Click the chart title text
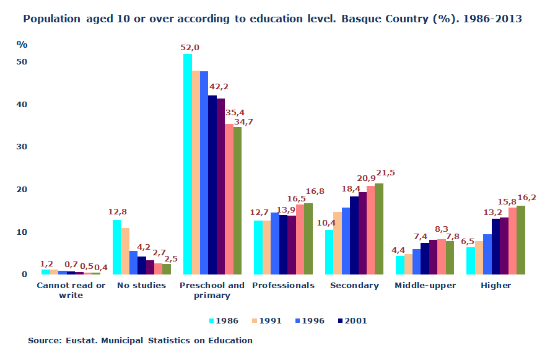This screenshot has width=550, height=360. [273, 19]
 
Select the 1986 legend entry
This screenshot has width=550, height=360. [224, 321]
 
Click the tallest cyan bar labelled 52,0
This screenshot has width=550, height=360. [187, 164]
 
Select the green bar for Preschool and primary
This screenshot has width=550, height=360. [237, 200]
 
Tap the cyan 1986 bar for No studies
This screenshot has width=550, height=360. [116, 247]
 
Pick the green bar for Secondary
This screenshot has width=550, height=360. [379, 229]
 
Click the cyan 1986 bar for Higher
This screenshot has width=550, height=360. [471, 260]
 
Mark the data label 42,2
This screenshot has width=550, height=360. [219, 87]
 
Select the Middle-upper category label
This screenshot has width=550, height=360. [425, 286]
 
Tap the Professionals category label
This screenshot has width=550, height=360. [283, 286]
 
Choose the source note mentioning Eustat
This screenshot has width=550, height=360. [140, 340]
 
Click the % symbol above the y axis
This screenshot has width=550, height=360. [22, 45]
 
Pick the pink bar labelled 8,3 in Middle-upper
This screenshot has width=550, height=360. [441, 257]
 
